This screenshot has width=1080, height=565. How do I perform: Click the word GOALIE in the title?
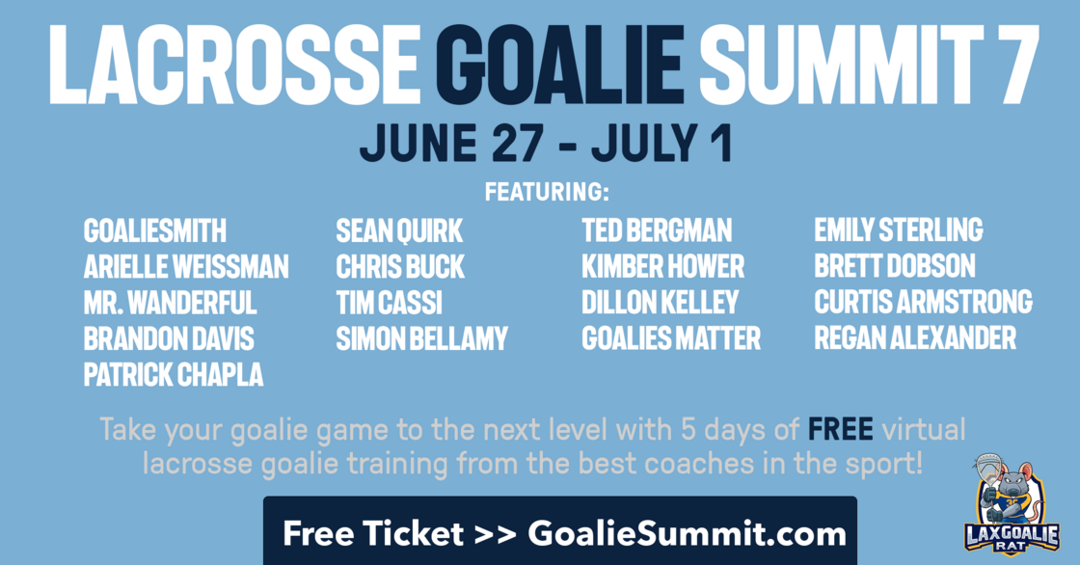tap(558, 64)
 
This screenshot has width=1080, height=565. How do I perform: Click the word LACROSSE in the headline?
tap(233, 64)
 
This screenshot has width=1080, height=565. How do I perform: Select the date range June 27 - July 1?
tap(546, 144)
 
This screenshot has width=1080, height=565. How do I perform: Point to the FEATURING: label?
tap(547, 192)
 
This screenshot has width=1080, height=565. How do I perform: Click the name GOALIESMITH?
tap(155, 230)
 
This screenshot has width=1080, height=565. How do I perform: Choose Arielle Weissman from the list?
tap(186, 267)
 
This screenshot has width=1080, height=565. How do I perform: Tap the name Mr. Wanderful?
tap(170, 303)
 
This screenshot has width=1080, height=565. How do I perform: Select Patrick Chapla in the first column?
tap(174, 375)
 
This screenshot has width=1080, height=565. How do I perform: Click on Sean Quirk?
tap(399, 230)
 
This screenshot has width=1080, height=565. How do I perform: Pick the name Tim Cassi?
tap(390, 303)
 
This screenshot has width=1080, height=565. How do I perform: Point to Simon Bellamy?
tap(421, 339)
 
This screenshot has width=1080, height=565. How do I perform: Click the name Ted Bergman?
tap(657, 230)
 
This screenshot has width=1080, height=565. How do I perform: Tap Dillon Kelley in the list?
tap(660, 303)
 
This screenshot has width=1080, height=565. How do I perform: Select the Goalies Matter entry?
tap(671, 339)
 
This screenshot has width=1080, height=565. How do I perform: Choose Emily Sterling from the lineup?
tap(898, 230)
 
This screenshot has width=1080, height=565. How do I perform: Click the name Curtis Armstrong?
tap(923, 302)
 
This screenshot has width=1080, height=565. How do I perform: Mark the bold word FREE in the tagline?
tap(840, 429)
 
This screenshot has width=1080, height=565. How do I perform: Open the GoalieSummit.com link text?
tap(687, 534)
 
